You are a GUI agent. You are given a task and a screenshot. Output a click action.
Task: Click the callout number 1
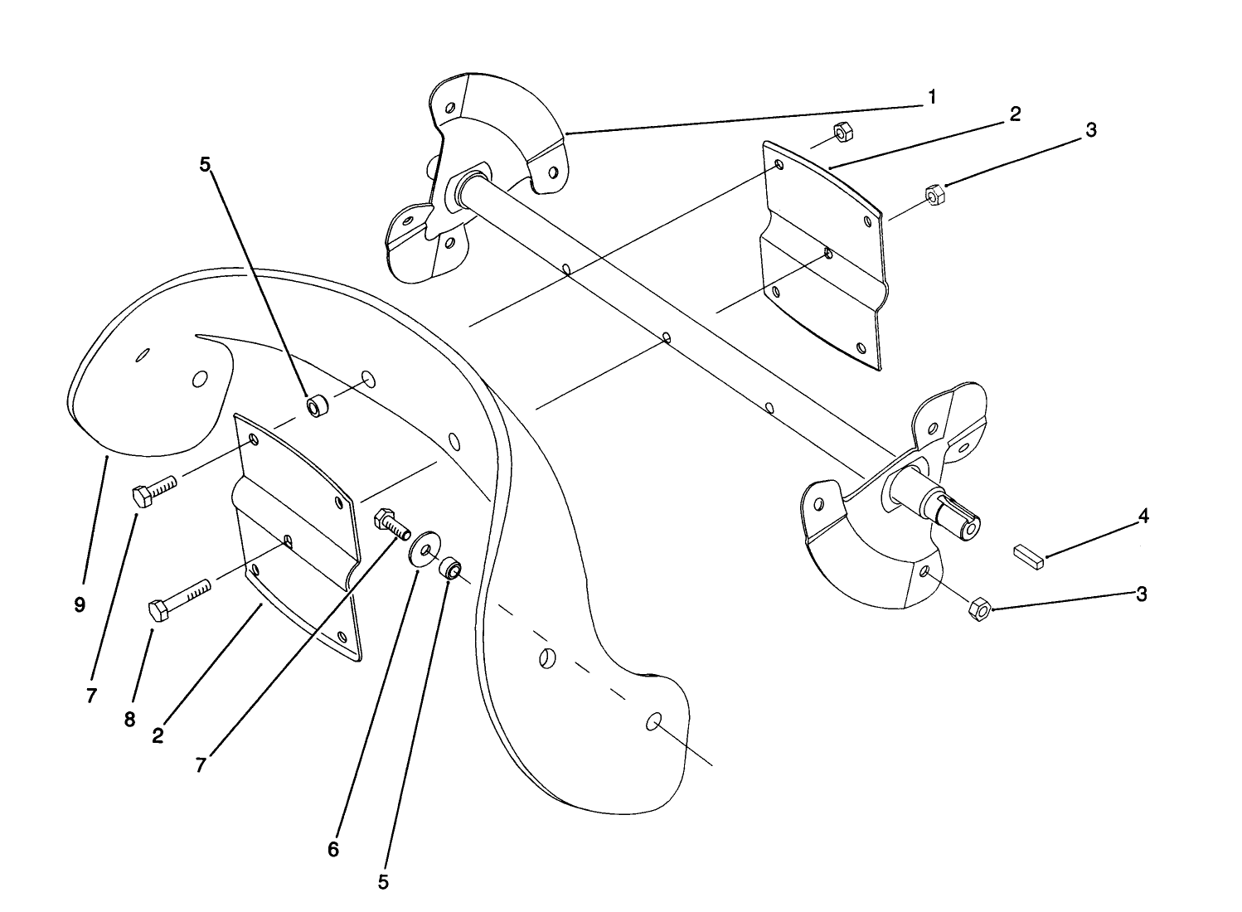coord(932,98)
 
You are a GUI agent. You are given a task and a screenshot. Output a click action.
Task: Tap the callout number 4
coord(1143,517)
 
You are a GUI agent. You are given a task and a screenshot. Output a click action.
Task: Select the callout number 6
coord(333,850)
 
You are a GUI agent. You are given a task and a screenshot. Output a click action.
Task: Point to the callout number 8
coord(129,720)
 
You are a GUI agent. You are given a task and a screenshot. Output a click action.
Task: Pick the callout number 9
coord(80,605)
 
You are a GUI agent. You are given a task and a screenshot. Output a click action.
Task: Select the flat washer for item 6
coord(424,550)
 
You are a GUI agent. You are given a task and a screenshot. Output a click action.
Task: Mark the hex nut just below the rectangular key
coord(979,609)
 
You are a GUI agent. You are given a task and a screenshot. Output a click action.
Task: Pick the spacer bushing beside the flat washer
coord(450,569)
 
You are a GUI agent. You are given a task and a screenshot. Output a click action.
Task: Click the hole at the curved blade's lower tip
coord(653,721)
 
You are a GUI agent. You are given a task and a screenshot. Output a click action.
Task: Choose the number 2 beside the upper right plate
coord(1014,115)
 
